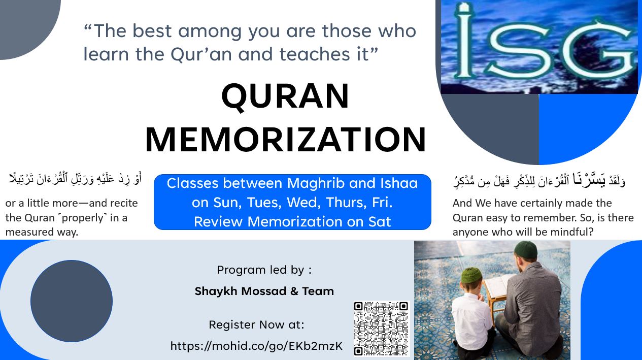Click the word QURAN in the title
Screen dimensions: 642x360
coord(285,96)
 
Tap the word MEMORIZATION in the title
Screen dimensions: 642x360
coord(286,140)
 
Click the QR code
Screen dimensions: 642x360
coord(381,329)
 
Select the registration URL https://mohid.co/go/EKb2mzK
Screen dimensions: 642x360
coord(256,346)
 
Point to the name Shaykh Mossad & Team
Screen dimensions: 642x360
coord(264,291)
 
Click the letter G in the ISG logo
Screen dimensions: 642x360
coord(599,47)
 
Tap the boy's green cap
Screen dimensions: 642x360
coord(471,274)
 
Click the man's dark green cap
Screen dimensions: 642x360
coord(526,249)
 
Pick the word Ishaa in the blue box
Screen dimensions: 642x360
coord(399,183)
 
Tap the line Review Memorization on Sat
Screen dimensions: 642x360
coord(292,222)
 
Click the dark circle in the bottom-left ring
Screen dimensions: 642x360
coord(72,301)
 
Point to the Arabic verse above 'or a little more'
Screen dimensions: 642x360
coord(76,179)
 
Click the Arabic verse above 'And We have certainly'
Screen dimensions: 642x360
coord(539,180)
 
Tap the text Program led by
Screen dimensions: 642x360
coord(264,270)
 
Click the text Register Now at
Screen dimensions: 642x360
coord(256,325)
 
